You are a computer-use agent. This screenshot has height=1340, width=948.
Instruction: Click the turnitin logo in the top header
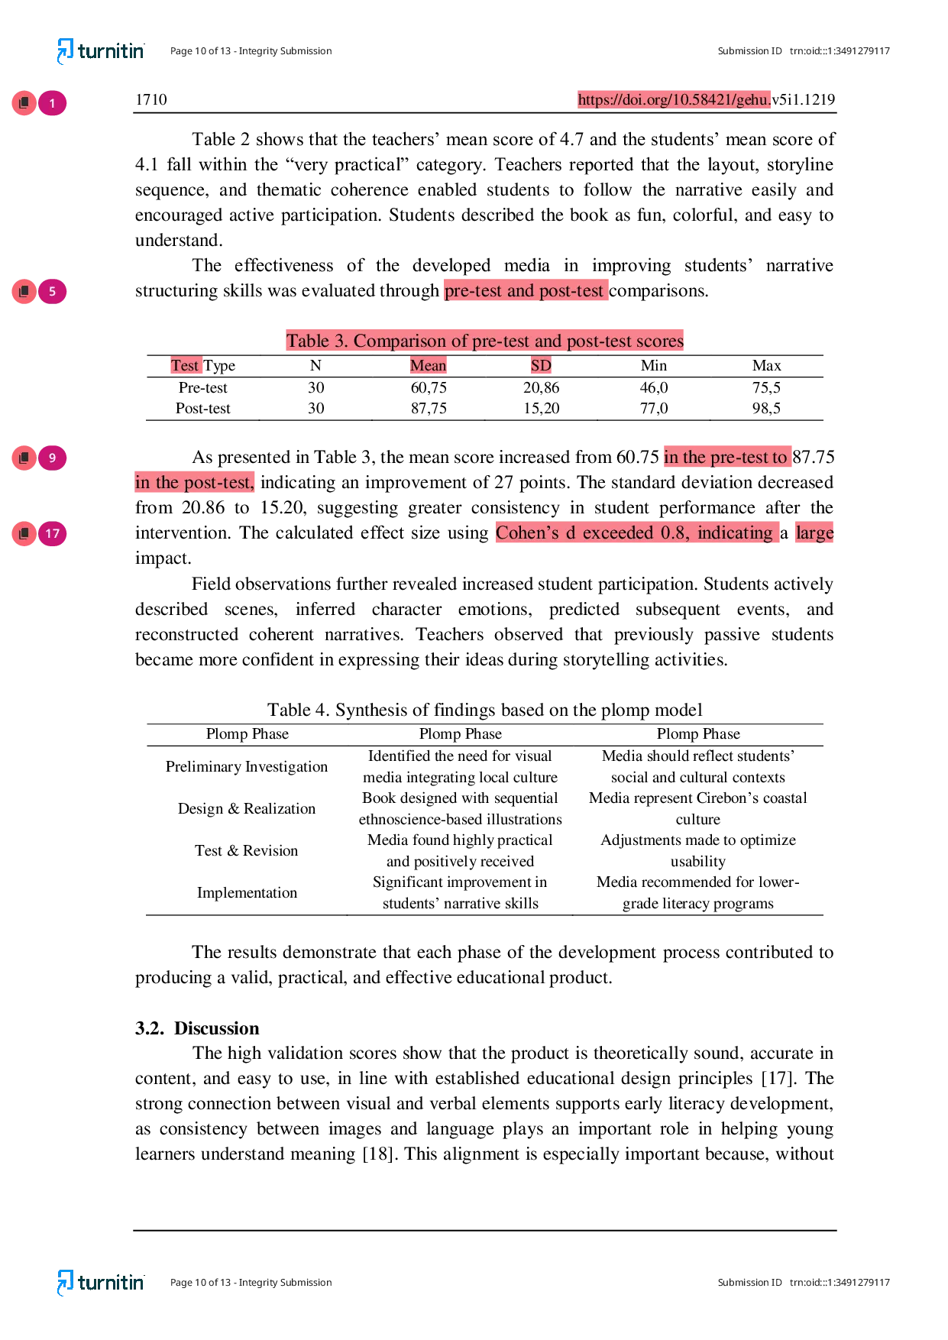pyautogui.click(x=100, y=51)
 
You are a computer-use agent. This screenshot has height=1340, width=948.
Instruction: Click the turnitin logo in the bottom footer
pyautogui.click(x=100, y=1282)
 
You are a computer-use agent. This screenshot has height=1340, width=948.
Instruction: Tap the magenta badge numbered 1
pyautogui.click(x=52, y=103)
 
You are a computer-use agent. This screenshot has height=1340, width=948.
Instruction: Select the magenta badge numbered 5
pyautogui.click(x=52, y=291)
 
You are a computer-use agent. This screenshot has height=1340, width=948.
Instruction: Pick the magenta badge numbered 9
pyautogui.click(x=52, y=458)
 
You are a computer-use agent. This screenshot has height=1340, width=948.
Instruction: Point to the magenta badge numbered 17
pyautogui.click(x=52, y=533)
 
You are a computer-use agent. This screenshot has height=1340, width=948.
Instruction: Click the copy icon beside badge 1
pyautogui.click(x=24, y=103)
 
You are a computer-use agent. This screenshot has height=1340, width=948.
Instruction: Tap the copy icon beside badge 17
pyautogui.click(x=24, y=533)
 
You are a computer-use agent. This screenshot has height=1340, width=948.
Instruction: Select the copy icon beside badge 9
pyautogui.click(x=24, y=458)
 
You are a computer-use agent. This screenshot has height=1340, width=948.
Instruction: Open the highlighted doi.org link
pyautogui.click(x=675, y=99)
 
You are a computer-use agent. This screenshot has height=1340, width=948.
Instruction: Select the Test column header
pyautogui.click(x=185, y=365)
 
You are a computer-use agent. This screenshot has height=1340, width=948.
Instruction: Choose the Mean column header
pyautogui.click(x=428, y=365)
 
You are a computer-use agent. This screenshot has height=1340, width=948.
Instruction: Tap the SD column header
pyautogui.click(x=541, y=365)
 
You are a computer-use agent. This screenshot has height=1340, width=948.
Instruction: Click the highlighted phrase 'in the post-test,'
pyautogui.click(x=195, y=483)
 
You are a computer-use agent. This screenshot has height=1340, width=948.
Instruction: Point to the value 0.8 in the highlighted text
pyautogui.click(x=673, y=532)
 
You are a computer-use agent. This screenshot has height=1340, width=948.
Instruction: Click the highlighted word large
pyautogui.click(x=814, y=532)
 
